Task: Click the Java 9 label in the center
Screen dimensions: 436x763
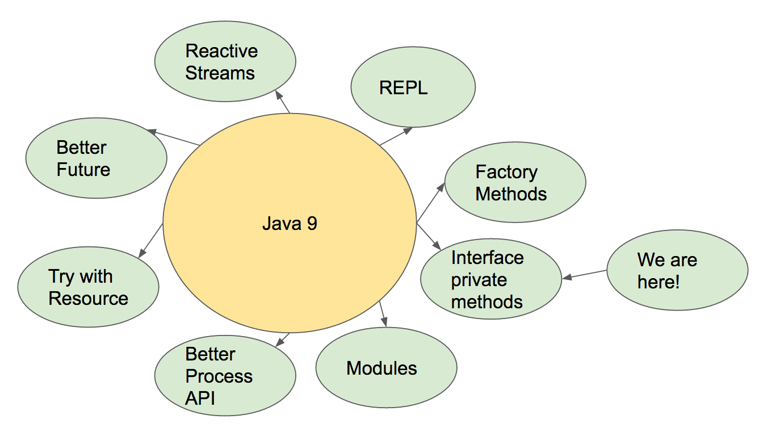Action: point(290,223)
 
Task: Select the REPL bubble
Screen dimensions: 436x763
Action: point(413,87)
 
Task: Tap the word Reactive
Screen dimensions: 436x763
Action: point(221,51)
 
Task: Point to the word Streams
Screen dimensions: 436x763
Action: point(220,73)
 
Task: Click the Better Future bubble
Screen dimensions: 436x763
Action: point(97,158)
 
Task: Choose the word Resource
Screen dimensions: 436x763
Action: point(88,299)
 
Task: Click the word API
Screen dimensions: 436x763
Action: point(200,398)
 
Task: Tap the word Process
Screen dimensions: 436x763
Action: point(219,376)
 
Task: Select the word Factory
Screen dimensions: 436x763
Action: point(506,172)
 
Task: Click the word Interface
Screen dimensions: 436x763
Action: point(487,258)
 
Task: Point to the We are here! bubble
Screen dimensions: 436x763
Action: point(677,270)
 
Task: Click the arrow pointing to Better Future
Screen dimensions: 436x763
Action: point(173,137)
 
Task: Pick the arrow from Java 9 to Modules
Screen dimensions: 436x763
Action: point(383,314)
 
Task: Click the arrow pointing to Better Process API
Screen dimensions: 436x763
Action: point(282,339)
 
